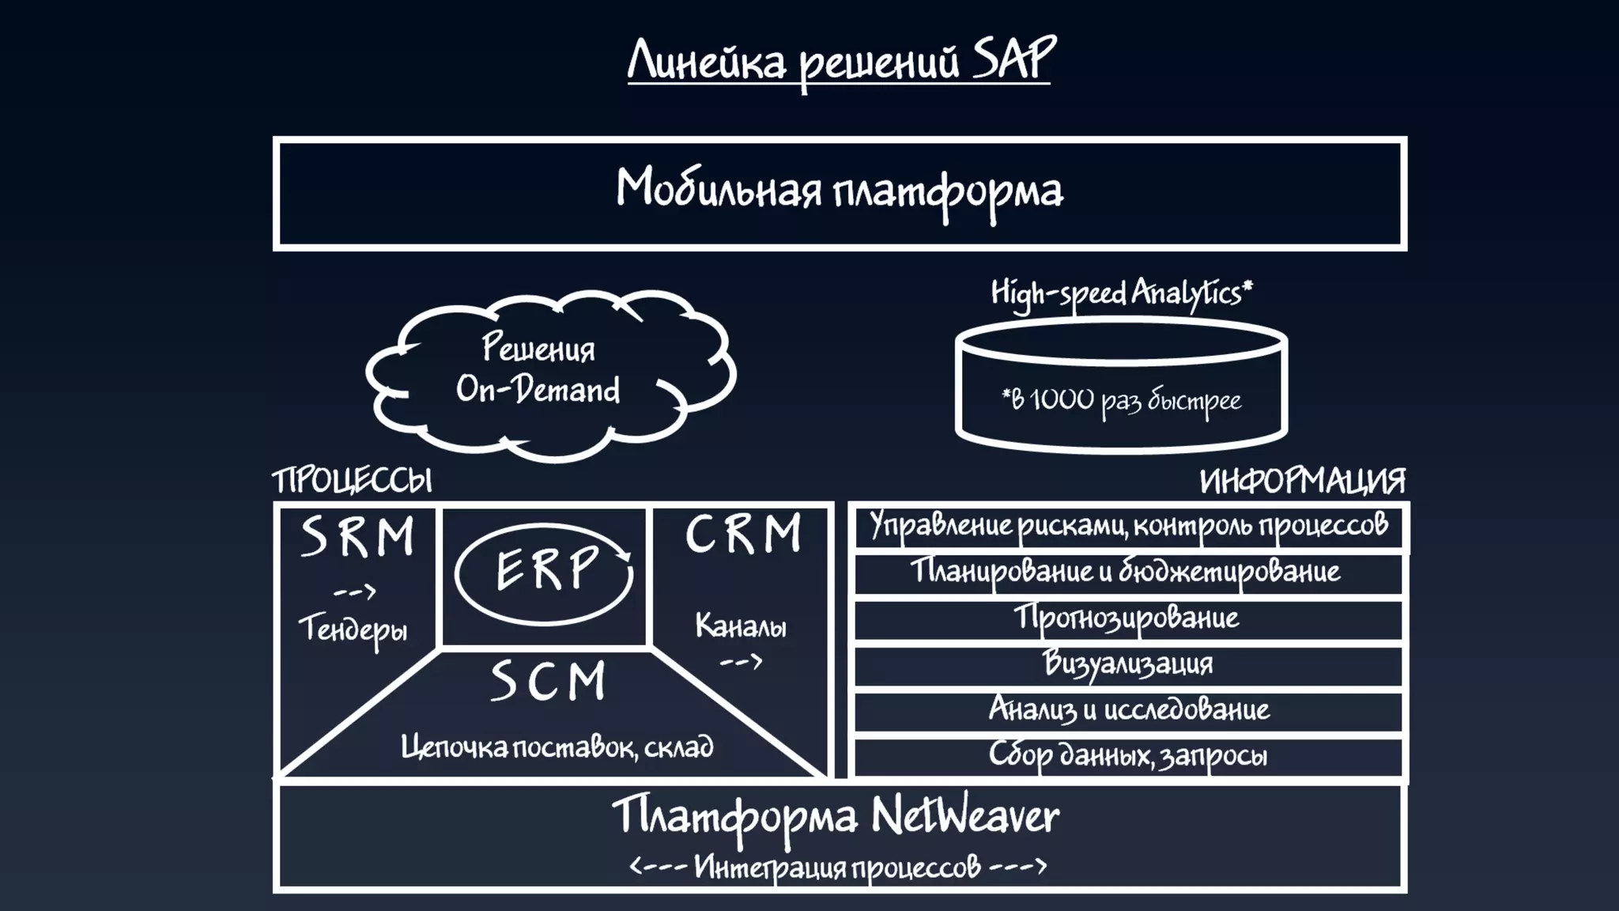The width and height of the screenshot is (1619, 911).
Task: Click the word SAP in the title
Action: tap(1013, 59)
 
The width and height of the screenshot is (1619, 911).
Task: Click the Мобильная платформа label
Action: tap(840, 191)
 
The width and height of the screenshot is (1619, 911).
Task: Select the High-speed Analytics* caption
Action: tap(1122, 293)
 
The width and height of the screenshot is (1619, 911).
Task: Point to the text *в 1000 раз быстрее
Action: tap(1121, 401)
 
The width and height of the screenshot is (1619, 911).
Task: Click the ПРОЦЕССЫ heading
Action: tap(353, 481)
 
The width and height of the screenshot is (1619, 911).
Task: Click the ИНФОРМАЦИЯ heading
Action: tap(1302, 481)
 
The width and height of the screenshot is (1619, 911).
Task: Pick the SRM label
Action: tap(358, 537)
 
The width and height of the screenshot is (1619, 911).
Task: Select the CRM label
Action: tap(743, 535)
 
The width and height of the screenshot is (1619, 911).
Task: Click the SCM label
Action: tap(548, 682)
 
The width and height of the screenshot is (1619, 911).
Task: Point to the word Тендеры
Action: tap(353, 629)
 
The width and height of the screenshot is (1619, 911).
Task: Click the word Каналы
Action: tap(741, 627)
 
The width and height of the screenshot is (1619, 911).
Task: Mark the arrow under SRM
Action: tap(354, 592)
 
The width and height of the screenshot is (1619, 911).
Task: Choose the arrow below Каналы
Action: tap(741, 661)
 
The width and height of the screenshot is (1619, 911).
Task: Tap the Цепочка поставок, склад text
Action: tap(557, 747)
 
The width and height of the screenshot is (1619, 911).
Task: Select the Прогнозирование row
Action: tap(1127, 618)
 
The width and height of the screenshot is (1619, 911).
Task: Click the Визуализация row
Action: tap(1127, 664)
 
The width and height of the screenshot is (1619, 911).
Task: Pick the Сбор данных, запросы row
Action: tap(1127, 756)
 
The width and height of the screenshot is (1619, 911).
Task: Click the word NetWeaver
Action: tap(965, 816)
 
